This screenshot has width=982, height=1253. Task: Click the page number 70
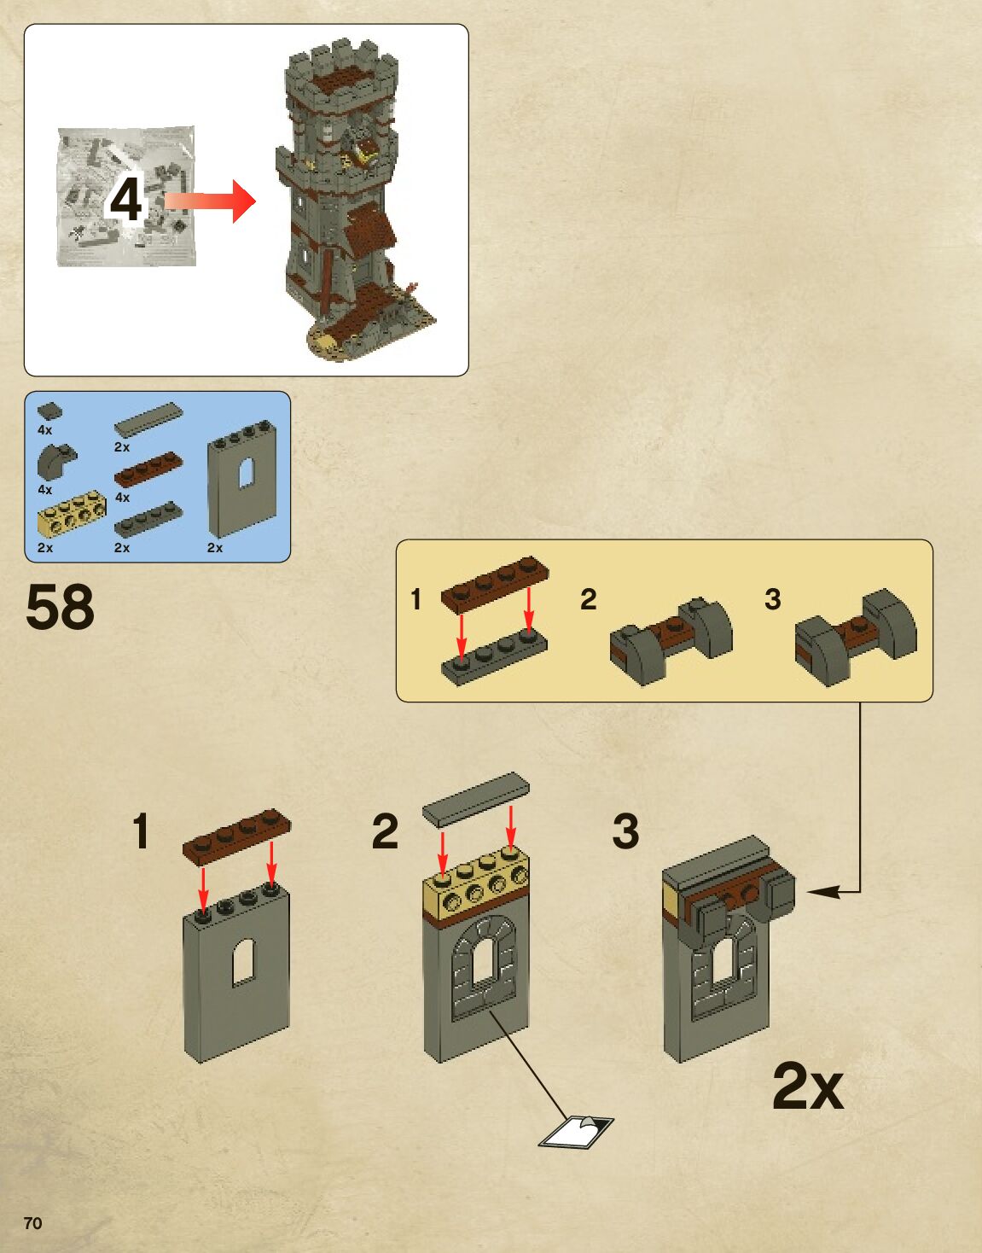point(32,1223)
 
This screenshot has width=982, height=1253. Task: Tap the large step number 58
point(60,608)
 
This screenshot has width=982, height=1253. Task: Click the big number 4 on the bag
point(125,200)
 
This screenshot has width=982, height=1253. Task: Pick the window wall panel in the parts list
point(243,481)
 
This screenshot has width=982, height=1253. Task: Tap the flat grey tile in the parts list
point(148,418)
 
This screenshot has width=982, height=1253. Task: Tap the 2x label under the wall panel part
point(215,547)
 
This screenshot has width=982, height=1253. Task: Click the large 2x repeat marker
point(807,1086)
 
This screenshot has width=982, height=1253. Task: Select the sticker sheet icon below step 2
point(576,1131)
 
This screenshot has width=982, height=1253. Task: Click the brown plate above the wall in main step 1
point(236,834)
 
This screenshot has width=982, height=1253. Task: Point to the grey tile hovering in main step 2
point(475,798)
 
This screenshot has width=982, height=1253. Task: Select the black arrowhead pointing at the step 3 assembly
point(821,892)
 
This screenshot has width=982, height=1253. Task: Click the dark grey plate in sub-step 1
point(494,660)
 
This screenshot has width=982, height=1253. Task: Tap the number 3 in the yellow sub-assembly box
point(772,599)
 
